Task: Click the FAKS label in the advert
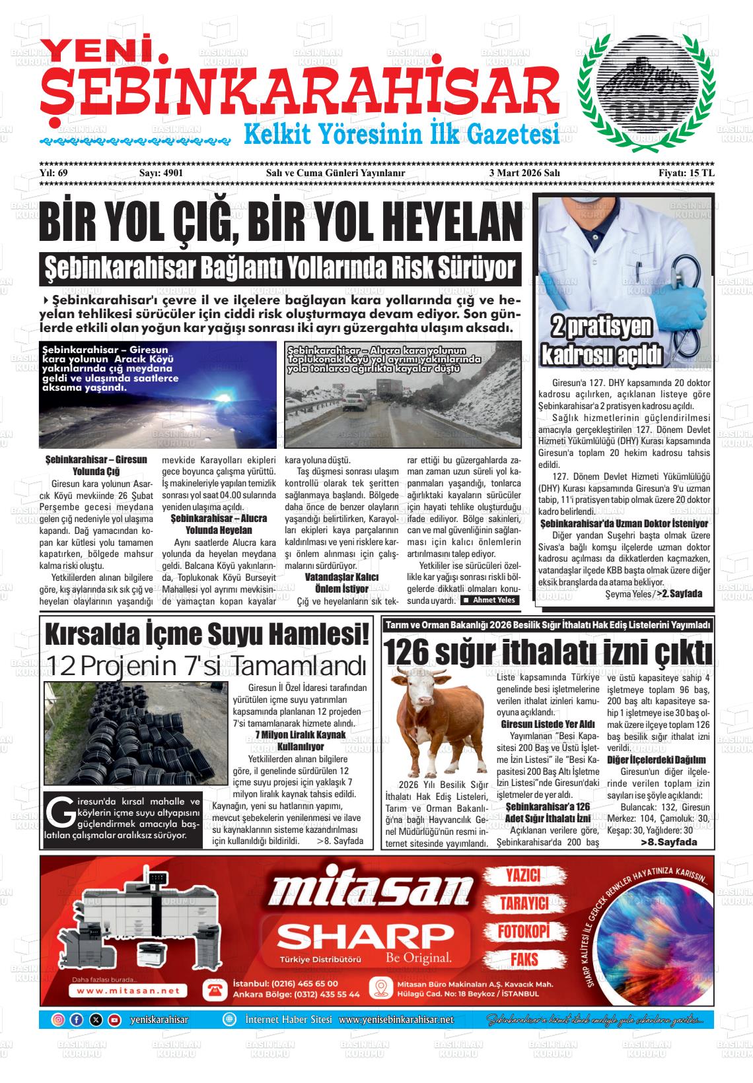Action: click(523, 959)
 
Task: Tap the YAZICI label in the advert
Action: click(523, 875)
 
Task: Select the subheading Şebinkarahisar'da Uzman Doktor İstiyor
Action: click(624, 523)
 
